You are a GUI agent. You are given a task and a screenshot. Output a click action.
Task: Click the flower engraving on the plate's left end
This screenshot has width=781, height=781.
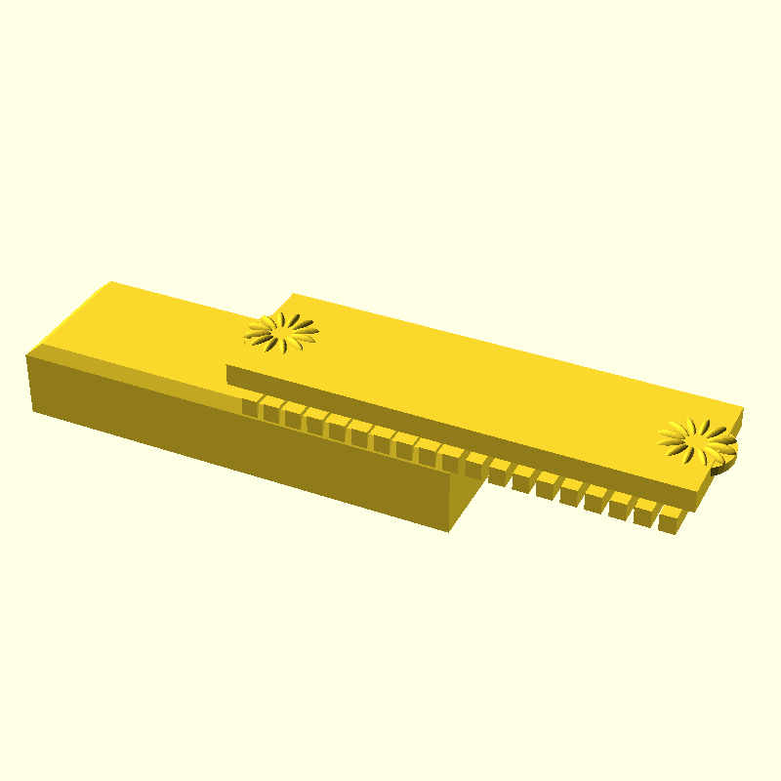[x=281, y=332]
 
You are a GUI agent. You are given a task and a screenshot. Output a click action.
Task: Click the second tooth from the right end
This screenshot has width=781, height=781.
[x=645, y=514]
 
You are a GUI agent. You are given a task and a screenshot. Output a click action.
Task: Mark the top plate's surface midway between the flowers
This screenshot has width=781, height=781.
[x=488, y=381]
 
